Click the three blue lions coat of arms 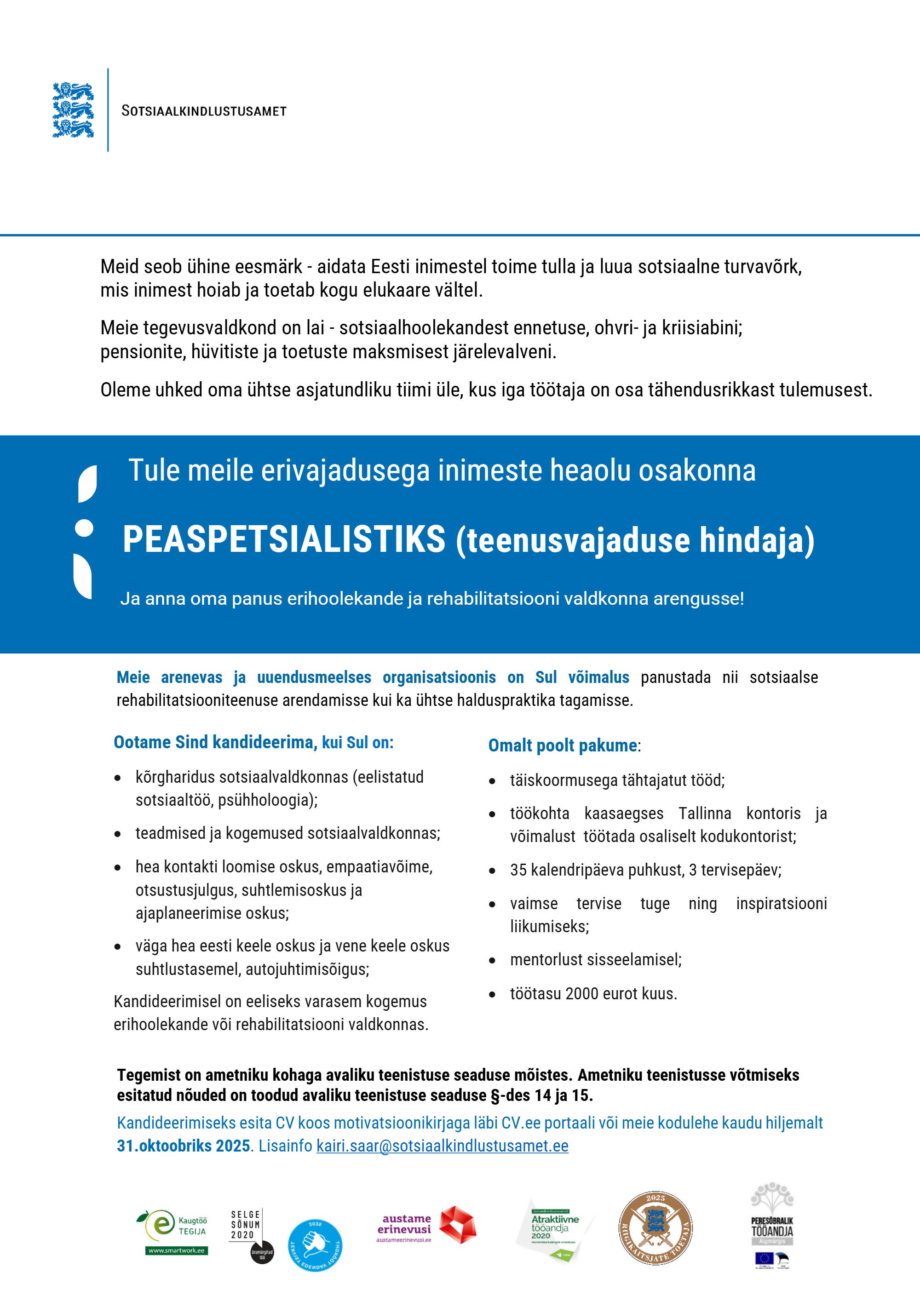pyautogui.click(x=73, y=110)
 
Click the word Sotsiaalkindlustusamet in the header pyautogui.click(x=204, y=111)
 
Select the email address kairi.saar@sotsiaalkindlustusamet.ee pyautogui.click(x=442, y=1146)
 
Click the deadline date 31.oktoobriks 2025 pyautogui.click(x=183, y=1146)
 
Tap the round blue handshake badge pyautogui.click(x=315, y=1245)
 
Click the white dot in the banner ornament pyautogui.click(x=84, y=527)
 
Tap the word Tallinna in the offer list pyautogui.click(x=705, y=814)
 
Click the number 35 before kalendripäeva pyautogui.click(x=518, y=870)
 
